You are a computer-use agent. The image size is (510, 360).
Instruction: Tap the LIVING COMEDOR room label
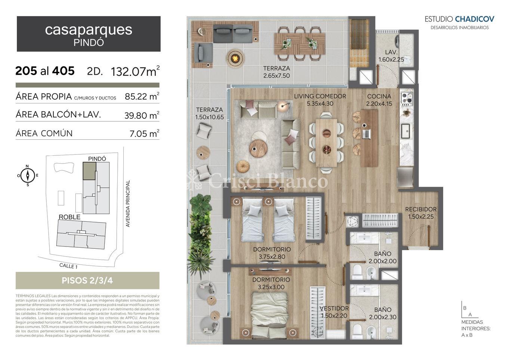320,96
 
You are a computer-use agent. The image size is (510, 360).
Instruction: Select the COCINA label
379,96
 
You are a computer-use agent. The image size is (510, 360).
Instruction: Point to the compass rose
28,175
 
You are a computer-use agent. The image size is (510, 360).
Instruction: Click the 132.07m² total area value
135,71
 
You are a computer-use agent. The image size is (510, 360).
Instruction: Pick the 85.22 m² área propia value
142,96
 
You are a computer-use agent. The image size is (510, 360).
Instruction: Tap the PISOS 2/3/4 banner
87,280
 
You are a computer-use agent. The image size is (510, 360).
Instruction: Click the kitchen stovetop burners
407,98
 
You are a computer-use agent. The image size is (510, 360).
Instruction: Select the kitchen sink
405,131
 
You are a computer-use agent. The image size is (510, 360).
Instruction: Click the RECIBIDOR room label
421,209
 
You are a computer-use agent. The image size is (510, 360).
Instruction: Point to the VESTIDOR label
334,308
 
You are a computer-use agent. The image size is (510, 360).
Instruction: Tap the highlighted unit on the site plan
89,171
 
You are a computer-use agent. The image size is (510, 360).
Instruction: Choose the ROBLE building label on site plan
69,217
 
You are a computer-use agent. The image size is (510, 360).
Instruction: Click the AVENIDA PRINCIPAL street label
128,204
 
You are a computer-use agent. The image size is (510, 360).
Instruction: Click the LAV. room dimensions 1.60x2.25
391,60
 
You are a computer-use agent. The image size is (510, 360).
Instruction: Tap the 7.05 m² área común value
144,133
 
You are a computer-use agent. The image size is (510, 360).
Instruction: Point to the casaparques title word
89,30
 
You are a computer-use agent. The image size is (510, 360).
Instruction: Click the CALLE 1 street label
68,266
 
